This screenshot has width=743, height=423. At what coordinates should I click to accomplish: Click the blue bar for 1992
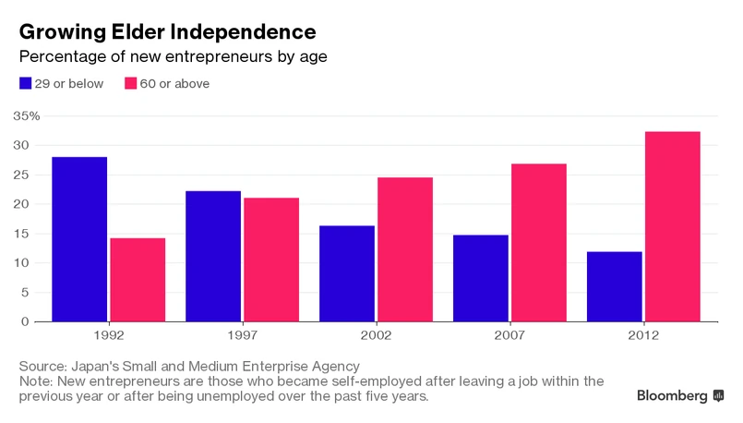(79, 239)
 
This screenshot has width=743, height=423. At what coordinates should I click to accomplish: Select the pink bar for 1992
(138, 280)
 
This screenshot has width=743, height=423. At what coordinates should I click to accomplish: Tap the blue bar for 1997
(213, 256)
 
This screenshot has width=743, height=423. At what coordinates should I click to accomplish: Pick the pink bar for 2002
(405, 249)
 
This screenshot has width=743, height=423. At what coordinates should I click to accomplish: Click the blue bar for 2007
(480, 278)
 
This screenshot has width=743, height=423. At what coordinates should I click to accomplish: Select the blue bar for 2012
(614, 286)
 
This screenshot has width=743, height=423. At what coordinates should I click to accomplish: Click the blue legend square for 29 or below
(26, 83)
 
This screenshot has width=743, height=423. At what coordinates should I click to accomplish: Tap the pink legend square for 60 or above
(130, 83)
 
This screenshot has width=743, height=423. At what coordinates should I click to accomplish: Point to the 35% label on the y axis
(26, 116)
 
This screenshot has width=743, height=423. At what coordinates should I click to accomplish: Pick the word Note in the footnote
(35, 381)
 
